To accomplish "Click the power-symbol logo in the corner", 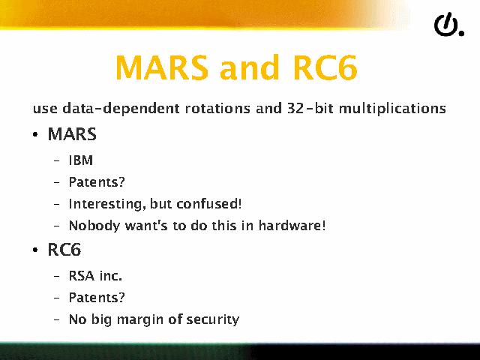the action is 449,25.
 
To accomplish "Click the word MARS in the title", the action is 162,67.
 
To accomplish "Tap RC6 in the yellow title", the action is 325,67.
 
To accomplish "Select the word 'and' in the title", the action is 250,67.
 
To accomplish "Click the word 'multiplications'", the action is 392,109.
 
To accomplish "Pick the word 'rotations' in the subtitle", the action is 217,108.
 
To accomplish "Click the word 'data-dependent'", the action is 121,109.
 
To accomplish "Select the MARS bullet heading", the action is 72,134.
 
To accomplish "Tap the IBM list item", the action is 81,160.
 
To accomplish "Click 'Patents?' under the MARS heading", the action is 97,181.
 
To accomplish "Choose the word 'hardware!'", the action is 292,225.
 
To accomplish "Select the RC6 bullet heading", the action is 64,250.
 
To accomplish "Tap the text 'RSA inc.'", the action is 95,275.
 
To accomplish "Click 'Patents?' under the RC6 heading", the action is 97,297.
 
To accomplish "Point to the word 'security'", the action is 213,319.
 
